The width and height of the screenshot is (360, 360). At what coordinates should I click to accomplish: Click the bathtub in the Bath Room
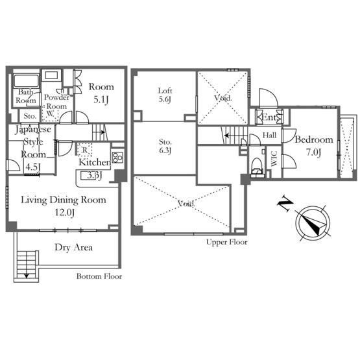coord(26,80)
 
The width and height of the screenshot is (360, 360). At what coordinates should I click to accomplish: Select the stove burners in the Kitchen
coord(118,157)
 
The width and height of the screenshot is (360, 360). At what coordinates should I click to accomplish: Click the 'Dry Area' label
coord(74,248)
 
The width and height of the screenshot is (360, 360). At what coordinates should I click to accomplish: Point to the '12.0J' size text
coord(64,212)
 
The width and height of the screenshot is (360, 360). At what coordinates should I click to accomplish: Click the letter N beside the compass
coord(285,204)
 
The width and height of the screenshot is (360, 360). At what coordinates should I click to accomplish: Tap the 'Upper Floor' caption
coord(227,242)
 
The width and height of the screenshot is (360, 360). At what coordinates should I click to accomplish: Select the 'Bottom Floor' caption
coord(99,276)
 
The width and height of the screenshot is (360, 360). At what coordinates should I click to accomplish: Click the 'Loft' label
coord(165,91)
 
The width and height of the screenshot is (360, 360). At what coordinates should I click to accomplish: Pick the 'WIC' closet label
coord(274,158)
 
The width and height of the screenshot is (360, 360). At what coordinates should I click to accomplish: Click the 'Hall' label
coord(269,135)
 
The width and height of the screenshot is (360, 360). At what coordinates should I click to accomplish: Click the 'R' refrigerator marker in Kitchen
coord(85,150)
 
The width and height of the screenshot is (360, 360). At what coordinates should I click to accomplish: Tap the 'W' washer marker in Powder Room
coord(49,114)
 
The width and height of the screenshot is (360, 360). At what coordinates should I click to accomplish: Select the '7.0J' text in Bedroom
coord(314,152)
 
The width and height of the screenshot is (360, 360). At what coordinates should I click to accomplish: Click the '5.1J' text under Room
coord(101,100)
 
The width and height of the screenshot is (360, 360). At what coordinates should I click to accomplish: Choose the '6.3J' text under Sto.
coord(165,150)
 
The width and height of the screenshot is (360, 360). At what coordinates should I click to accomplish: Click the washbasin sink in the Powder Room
coord(51,75)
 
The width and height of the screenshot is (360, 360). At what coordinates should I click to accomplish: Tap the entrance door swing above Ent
coord(269,98)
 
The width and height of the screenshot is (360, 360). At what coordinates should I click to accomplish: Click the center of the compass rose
coord(313,223)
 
